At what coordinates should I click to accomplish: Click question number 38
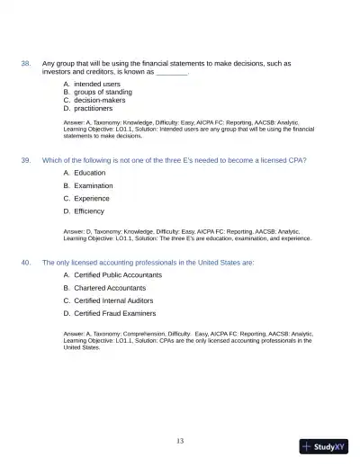coord(26,64)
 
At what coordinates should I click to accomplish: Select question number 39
coord(26,160)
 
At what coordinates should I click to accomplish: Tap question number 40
coord(26,262)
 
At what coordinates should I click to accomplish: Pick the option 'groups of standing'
coord(103,92)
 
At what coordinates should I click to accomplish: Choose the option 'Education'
coord(89,173)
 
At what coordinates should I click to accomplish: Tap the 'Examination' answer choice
coord(94,185)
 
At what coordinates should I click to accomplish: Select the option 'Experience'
coord(92,198)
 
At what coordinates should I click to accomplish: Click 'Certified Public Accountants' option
coord(118,274)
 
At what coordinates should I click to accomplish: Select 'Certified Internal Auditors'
coord(113,300)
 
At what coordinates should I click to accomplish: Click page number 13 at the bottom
coord(180,441)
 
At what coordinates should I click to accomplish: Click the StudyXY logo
coord(324,446)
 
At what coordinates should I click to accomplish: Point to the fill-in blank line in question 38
coord(172,72)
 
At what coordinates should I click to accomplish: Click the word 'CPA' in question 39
coord(298,160)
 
